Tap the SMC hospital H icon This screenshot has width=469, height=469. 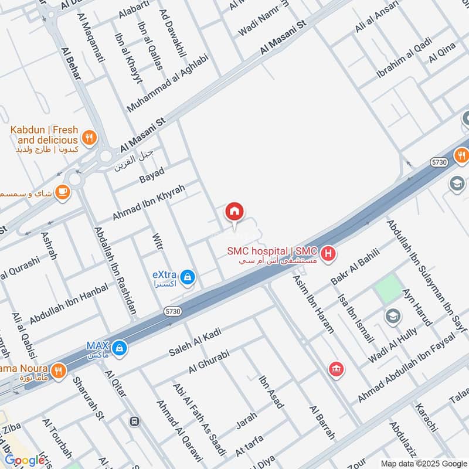(x=329, y=253)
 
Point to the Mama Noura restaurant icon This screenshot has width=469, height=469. (x=58, y=370)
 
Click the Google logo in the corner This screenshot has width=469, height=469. (x=25, y=460)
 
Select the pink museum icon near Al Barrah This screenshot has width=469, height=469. (x=337, y=368)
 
